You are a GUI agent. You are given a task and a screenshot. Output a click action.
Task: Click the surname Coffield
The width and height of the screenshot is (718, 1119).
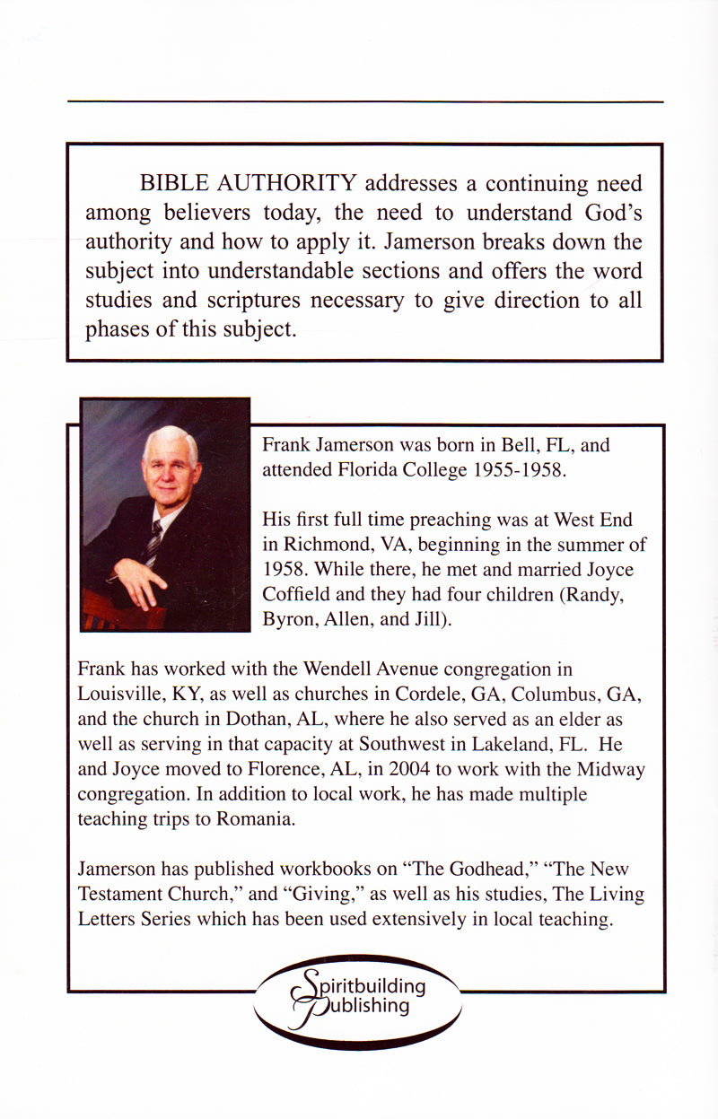tap(295, 595)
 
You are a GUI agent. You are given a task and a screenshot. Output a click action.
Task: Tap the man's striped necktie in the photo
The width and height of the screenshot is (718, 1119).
tap(153, 540)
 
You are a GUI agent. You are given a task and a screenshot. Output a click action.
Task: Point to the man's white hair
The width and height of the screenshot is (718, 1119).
tap(168, 441)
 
